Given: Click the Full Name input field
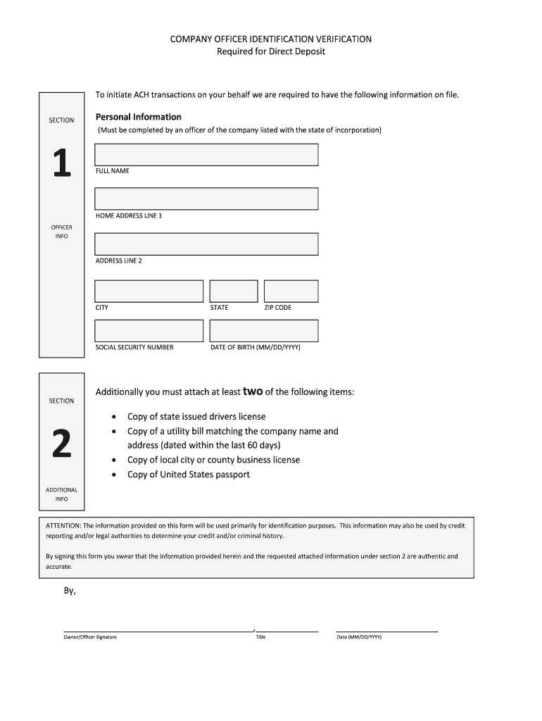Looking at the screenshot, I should (206, 155).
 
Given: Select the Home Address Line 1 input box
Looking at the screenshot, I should (206, 199).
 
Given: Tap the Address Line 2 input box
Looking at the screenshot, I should (206, 244).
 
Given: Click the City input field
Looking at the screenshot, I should (149, 291).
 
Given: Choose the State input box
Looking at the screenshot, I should (234, 291).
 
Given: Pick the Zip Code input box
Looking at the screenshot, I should (291, 291).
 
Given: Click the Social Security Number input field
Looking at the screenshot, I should (149, 331).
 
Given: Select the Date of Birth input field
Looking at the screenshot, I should (264, 331).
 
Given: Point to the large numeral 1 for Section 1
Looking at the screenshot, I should (61, 164).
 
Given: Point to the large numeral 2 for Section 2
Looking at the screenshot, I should (61, 444).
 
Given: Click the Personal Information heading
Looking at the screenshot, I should (139, 117).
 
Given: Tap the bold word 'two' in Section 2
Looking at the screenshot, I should (253, 391).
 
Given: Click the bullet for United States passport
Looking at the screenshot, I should (114, 475).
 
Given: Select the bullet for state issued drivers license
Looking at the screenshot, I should (114, 417).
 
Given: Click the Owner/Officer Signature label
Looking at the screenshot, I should (90, 637).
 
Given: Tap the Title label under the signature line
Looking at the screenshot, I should (260, 637).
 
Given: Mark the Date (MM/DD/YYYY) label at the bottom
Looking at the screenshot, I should (359, 637).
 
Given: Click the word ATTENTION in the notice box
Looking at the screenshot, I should (63, 525).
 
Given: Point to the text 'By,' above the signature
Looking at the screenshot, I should (70, 591).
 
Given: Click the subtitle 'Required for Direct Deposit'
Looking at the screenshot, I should (271, 52).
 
